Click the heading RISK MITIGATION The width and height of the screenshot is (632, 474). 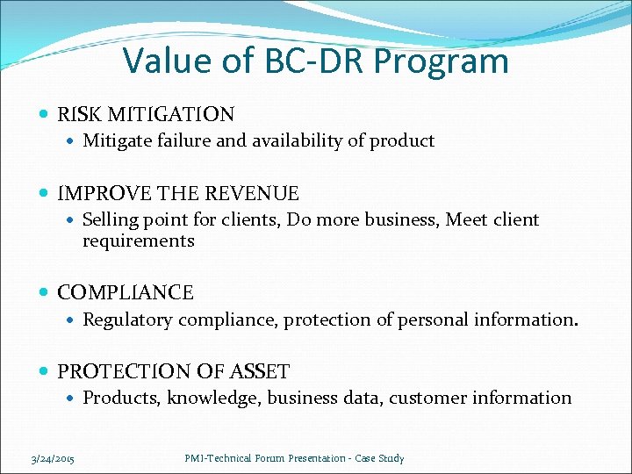146,114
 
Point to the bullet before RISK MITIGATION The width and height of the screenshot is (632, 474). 46,114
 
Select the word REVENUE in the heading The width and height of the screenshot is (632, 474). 261,193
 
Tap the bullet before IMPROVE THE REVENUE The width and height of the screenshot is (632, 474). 46,193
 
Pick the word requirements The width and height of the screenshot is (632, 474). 138,241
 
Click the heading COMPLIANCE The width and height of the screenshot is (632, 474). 126,292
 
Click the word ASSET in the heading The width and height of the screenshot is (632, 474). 260,371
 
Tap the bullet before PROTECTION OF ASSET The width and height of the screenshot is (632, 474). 46,371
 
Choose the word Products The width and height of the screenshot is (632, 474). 120,398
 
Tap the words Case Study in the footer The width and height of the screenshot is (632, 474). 382,458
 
